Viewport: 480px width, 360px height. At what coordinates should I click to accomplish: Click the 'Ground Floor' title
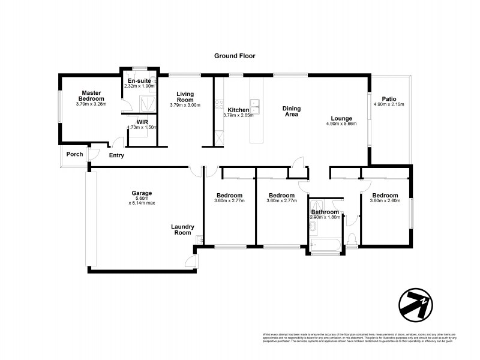[235, 56]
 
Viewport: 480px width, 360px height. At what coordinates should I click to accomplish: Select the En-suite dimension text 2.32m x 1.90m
[139, 86]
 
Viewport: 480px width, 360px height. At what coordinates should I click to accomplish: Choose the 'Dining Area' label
[292, 112]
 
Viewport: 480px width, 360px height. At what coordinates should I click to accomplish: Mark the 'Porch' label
[75, 154]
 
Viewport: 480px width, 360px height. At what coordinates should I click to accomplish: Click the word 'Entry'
[116, 155]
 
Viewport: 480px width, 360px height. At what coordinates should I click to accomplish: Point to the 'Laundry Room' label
[182, 230]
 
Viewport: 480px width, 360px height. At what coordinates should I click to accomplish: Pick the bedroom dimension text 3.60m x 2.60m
[385, 202]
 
